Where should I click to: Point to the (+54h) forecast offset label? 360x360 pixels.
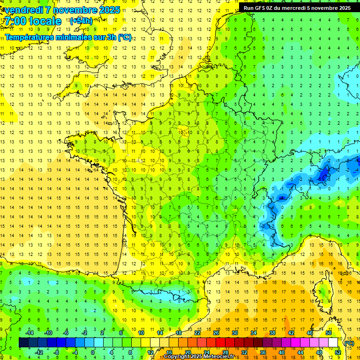click(x=81, y=21)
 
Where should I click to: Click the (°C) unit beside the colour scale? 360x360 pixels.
click(x=349, y=343)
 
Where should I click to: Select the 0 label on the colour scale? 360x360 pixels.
click(x=93, y=352)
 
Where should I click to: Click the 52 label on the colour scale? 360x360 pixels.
click(x=338, y=352)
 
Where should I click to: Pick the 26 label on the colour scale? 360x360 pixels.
click(x=216, y=333)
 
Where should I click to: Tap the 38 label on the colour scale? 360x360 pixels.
click(x=272, y=333)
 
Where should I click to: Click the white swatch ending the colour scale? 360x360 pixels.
click(x=333, y=343)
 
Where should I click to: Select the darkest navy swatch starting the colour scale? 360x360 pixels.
click(x=23, y=343)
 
